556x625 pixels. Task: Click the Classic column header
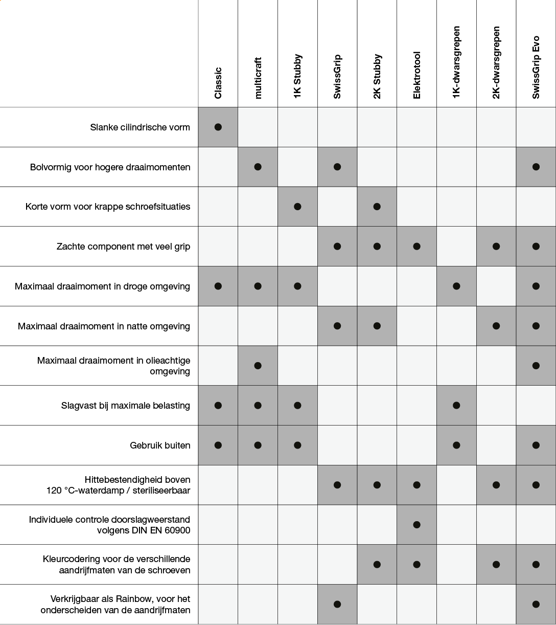(218, 83)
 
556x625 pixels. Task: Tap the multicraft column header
(258, 78)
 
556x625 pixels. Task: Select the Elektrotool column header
(416, 75)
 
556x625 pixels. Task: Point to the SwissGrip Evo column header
(536, 67)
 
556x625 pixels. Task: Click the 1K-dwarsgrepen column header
(456, 62)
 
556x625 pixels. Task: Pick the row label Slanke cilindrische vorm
(140, 127)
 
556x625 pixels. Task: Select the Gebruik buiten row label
(160, 445)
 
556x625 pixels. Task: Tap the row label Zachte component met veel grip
(123, 247)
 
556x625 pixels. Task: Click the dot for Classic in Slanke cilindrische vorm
(218, 127)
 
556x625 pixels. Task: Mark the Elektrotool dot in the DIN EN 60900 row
(416, 524)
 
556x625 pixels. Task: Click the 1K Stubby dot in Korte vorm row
(297, 207)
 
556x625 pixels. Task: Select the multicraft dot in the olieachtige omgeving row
(258, 366)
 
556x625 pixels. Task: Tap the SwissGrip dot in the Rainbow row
(337, 604)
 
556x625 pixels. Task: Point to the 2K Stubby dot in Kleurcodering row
(377, 564)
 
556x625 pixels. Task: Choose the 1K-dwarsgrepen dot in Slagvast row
(456, 406)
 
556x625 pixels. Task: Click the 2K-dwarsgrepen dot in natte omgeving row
(496, 326)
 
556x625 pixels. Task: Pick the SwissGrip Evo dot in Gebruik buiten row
(536, 445)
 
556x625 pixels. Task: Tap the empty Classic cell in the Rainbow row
(218, 604)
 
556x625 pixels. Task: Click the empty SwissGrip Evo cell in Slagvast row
(536, 406)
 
